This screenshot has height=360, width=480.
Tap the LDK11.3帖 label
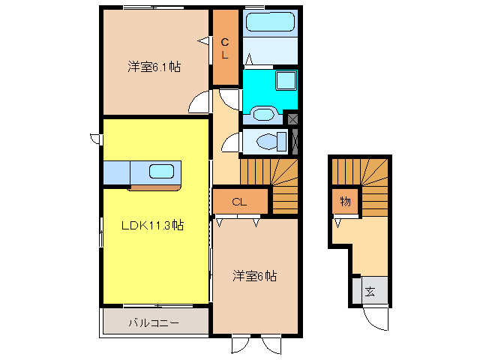click(x=154, y=225)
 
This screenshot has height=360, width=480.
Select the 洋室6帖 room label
click(x=254, y=276)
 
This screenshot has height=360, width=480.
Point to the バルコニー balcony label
click(x=153, y=323)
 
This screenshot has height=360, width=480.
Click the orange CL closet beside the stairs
click(x=239, y=201)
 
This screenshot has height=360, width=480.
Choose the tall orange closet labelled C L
click(x=224, y=47)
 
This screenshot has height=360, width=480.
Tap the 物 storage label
click(x=345, y=202)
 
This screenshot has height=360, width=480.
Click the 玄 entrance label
click(x=370, y=292)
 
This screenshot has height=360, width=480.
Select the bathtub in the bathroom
click(x=271, y=22)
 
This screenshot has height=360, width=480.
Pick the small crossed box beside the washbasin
click(x=292, y=118)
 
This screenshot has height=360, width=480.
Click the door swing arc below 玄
click(x=373, y=319)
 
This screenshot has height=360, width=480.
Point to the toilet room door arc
click(x=231, y=141)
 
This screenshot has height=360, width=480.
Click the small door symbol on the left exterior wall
click(x=95, y=137)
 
